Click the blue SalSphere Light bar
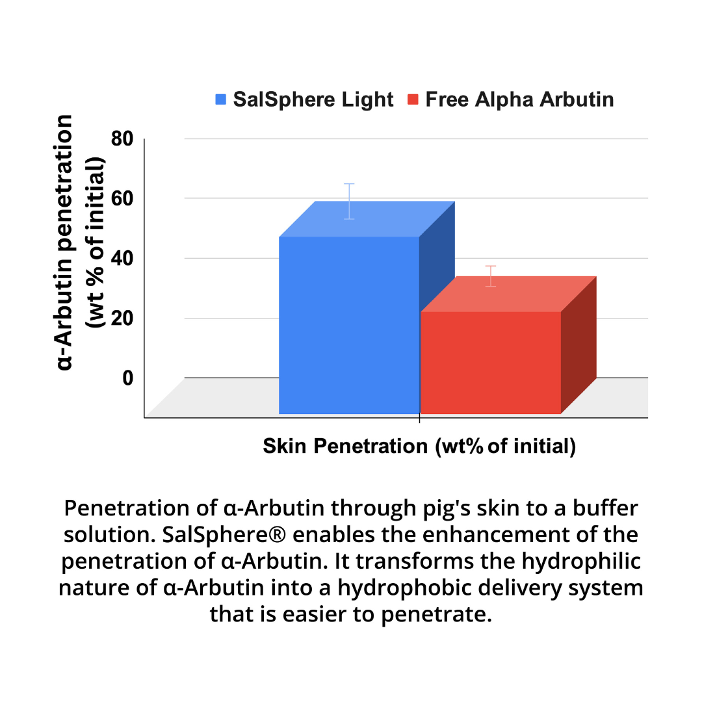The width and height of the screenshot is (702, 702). [x=349, y=325]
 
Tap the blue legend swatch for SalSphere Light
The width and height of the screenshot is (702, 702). [x=221, y=100]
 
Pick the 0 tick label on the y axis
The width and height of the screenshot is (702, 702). [x=127, y=378]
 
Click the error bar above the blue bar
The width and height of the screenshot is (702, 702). [x=350, y=201]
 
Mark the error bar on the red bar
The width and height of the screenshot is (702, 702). [x=491, y=276]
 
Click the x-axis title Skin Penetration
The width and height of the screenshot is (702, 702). [x=419, y=447]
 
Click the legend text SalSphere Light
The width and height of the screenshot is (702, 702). [x=313, y=100]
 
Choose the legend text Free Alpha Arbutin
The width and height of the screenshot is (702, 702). [x=519, y=100]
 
